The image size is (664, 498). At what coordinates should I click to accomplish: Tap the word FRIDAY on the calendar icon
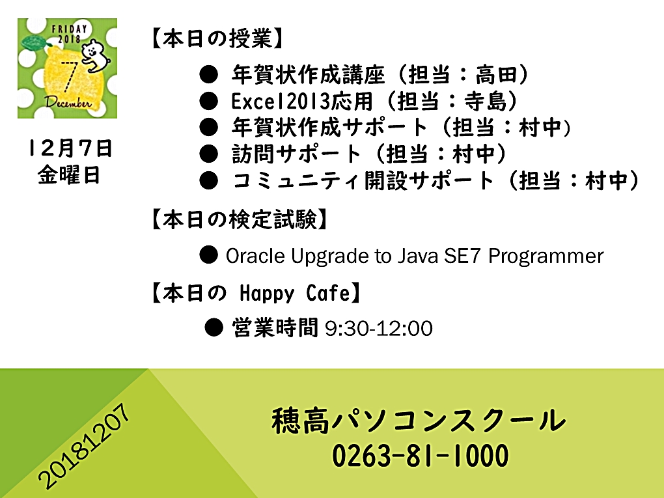[x=70, y=29]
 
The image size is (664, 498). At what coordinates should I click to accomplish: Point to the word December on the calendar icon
[x=68, y=102]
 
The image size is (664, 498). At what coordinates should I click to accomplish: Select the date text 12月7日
[x=70, y=148]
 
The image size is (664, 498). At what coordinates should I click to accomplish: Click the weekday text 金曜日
[x=69, y=175]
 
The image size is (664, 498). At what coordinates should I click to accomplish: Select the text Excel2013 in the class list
[x=281, y=101]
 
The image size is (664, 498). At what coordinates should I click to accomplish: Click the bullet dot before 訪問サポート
[x=209, y=154]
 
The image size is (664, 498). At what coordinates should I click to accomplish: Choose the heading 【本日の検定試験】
[x=240, y=220]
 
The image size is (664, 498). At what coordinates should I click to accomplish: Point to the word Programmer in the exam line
[x=546, y=256]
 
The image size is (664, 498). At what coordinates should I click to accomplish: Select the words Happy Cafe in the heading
[x=295, y=293]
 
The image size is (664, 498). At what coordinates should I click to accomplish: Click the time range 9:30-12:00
[x=379, y=329]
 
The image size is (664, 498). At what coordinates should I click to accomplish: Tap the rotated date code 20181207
[x=83, y=445]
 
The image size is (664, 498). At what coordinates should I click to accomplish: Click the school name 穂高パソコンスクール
[x=419, y=421]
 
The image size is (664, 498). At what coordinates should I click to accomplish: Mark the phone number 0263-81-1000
[x=420, y=456]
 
